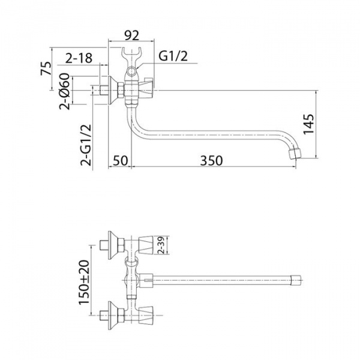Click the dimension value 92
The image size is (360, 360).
[x=132, y=35]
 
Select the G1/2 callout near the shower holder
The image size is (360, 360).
[x=173, y=56]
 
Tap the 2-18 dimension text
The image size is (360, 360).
[x=79, y=58]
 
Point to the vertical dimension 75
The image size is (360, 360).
[x=46, y=68]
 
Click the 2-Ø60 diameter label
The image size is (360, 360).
[x=64, y=91]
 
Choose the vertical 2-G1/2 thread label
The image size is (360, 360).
[x=86, y=145]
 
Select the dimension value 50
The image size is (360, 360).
[x=120, y=160]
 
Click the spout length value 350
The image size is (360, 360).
[x=211, y=160]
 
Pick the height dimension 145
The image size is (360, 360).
[x=308, y=124]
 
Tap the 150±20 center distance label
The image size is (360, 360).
[x=83, y=282]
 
